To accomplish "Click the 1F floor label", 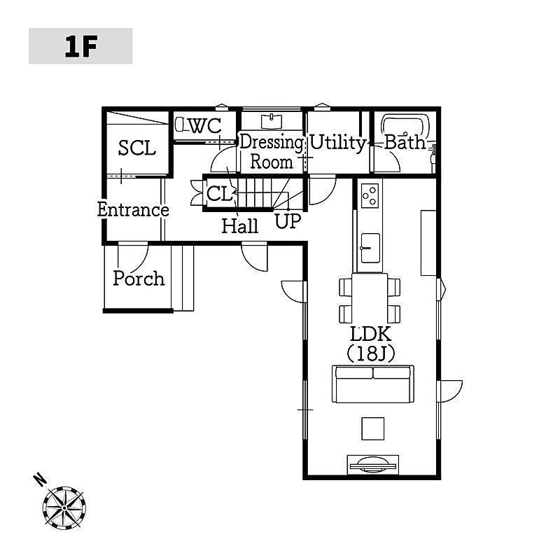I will [x=80, y=46].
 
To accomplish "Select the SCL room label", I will [x=136, y=148].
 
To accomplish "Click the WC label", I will [x=205, y=127].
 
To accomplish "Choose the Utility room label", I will [x=337, y=143].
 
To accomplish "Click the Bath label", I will [x=405, y=143].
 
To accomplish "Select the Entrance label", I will [x=133, y=210].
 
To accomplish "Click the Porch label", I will [x=139, y=279].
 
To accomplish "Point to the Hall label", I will [x=240, y=226].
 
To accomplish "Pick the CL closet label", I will [x=219, y=194].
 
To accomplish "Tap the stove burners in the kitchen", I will [x=370, y=195].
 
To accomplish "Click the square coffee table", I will [x=372, y=428].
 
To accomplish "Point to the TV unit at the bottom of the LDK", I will [x=372, y=462].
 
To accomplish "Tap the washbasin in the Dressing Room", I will [x=270, y=120].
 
